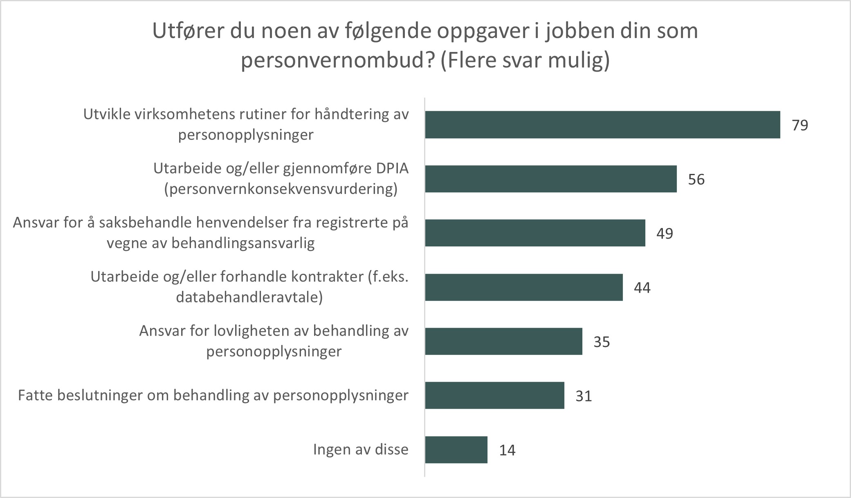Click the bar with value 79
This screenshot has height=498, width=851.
click(x=602, y=124)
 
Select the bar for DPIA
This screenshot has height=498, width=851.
click(x=551, y=179)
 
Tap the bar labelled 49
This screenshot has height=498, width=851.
click(x=535, y=233)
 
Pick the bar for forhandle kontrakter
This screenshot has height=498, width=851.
click(x=524, y=287)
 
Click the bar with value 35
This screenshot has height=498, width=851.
click(x=503, y=341)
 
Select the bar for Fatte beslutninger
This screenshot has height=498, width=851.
click(x=494, y=395)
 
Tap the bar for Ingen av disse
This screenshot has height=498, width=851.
click(x=456, y=450)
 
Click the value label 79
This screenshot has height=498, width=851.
click(x=800, y=125)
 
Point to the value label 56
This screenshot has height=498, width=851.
click(x=696, y=180)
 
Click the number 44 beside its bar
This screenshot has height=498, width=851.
click(x=642, y=288)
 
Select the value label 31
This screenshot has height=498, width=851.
click(x=584, y=396)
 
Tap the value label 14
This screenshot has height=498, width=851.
click(x=507, y=451)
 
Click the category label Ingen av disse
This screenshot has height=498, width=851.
click(x=361, y=449)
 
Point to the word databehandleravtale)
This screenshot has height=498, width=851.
click(x=249, y=297)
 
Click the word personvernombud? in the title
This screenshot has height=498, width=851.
click(x=337, y=61)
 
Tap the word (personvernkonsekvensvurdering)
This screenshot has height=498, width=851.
click(x=281, y=189)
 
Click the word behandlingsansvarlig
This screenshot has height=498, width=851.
click(x=243, y=243)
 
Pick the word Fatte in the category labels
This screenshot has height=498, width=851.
click(x=36, y=395)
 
